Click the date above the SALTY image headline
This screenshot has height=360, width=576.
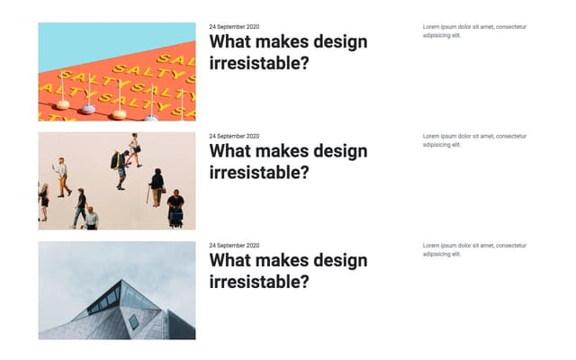coord(234,27)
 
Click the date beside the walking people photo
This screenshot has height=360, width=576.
coord(234,136)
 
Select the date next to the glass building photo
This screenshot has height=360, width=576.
coord(234,246)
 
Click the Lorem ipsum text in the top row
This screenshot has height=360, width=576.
coord(474,31)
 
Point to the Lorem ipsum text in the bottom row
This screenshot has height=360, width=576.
coord(474,249)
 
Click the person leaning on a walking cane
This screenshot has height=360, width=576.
coord(157,187)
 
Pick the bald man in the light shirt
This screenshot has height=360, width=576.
coord(90,218)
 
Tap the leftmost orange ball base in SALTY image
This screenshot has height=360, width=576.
coord(63,104)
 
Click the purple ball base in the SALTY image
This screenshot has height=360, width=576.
coord(88,110)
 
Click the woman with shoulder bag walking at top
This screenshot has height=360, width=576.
coord(134,149)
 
